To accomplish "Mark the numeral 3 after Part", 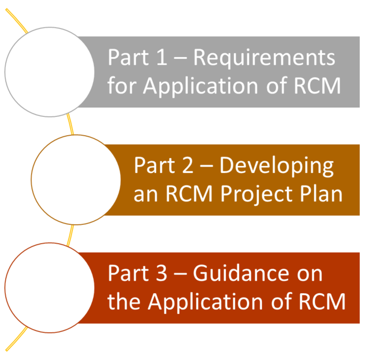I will pos(161,273).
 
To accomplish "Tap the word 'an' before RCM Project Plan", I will pos(145,195).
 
